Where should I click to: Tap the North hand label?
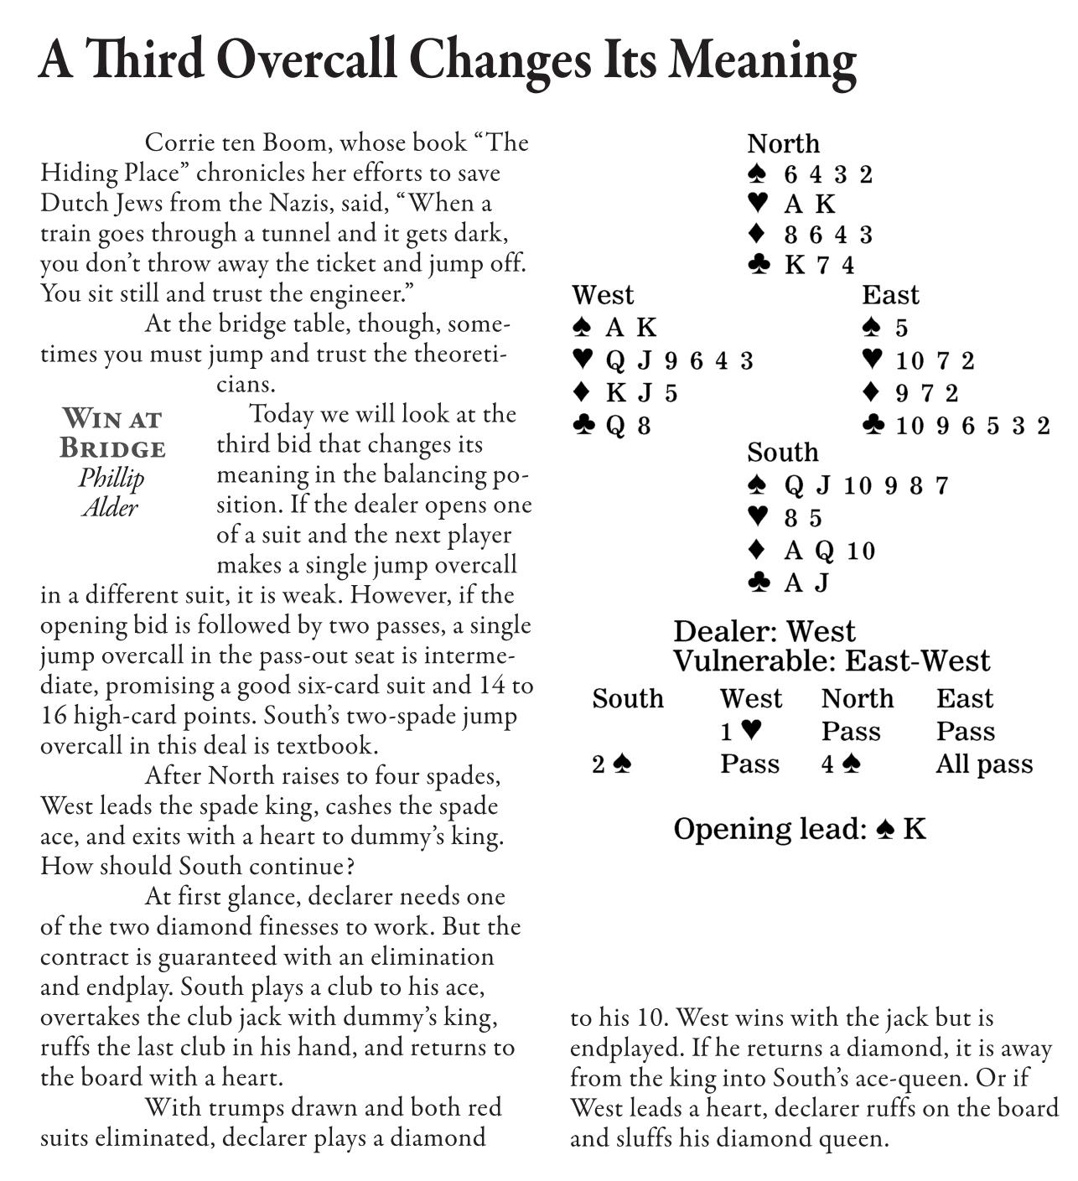(x=783, y=144)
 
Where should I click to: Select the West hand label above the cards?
(x=603, y=295)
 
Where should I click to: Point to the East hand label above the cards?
(x=890, y=295)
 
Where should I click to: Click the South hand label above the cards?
(x=782, y=453)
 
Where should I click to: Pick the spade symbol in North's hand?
(x=757, y=174)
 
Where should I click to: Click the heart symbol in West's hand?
(x=583, y=360)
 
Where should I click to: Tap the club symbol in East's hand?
(x=873, y=426)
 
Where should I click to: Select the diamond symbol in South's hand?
(x=757, y=550)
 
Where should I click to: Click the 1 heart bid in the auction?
(x=741, y=732)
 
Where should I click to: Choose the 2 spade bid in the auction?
(x=611, y=764)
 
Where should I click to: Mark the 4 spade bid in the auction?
(x=841, y=764)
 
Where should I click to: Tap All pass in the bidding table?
(x=984, y=764)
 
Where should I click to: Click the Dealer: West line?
(x=764, y=631)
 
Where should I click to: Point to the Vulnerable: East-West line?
(x=831, y=661)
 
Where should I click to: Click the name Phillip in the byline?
(x=111, y=478)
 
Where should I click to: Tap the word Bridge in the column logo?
(x=112, y=448)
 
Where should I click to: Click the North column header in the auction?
(x=857, y=699)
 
